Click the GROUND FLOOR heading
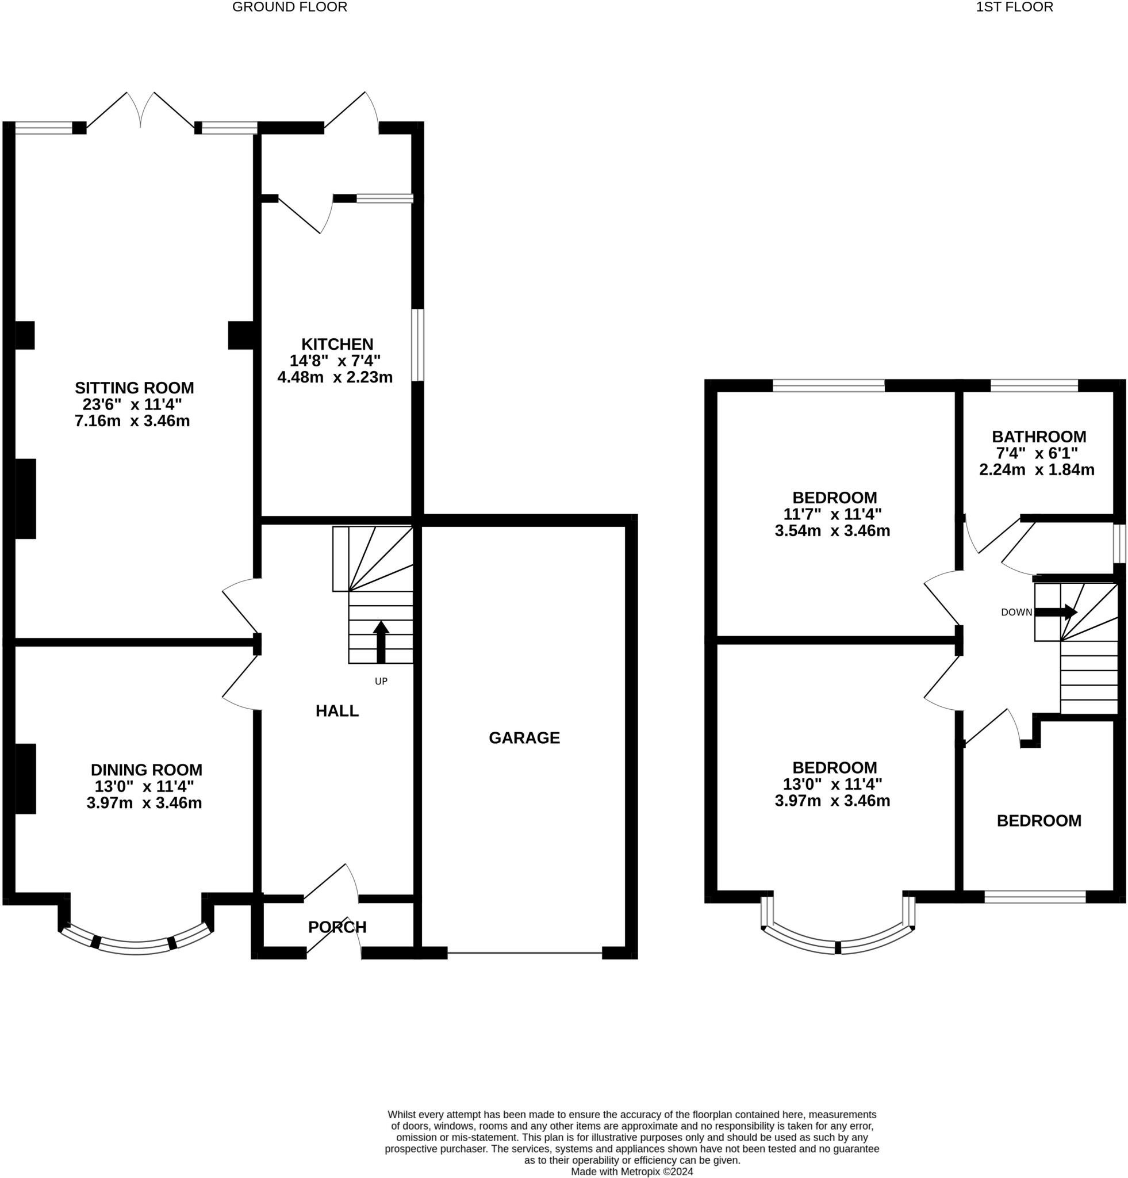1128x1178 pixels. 290,7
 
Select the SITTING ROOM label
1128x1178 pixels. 135,388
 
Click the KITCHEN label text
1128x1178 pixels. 337,345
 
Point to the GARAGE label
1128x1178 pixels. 524,738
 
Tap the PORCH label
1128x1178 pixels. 337,927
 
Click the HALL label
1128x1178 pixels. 337,711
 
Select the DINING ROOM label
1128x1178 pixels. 147,770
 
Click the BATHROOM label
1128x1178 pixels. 1039,437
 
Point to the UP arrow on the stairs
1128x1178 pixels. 381,642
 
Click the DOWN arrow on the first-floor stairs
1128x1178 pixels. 1057,613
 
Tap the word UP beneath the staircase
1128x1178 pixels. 381,681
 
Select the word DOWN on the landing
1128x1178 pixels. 1016,613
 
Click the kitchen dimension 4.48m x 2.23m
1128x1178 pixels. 335,377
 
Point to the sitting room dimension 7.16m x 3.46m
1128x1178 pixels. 132,420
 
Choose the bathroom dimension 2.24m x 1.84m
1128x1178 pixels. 1037,469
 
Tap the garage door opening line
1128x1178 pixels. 524,953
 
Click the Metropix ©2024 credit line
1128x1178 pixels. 632,1172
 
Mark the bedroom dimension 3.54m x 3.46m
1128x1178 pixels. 832,531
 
